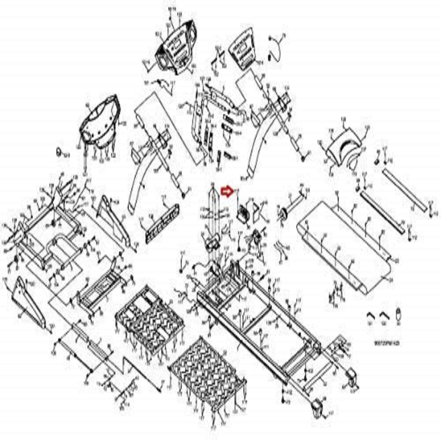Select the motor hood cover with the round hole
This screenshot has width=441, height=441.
(x=99, y=123)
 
